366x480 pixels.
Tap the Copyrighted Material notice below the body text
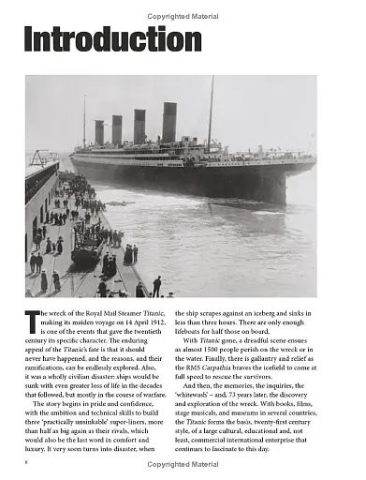point(183,464)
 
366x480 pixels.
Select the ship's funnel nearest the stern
point(99,132)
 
